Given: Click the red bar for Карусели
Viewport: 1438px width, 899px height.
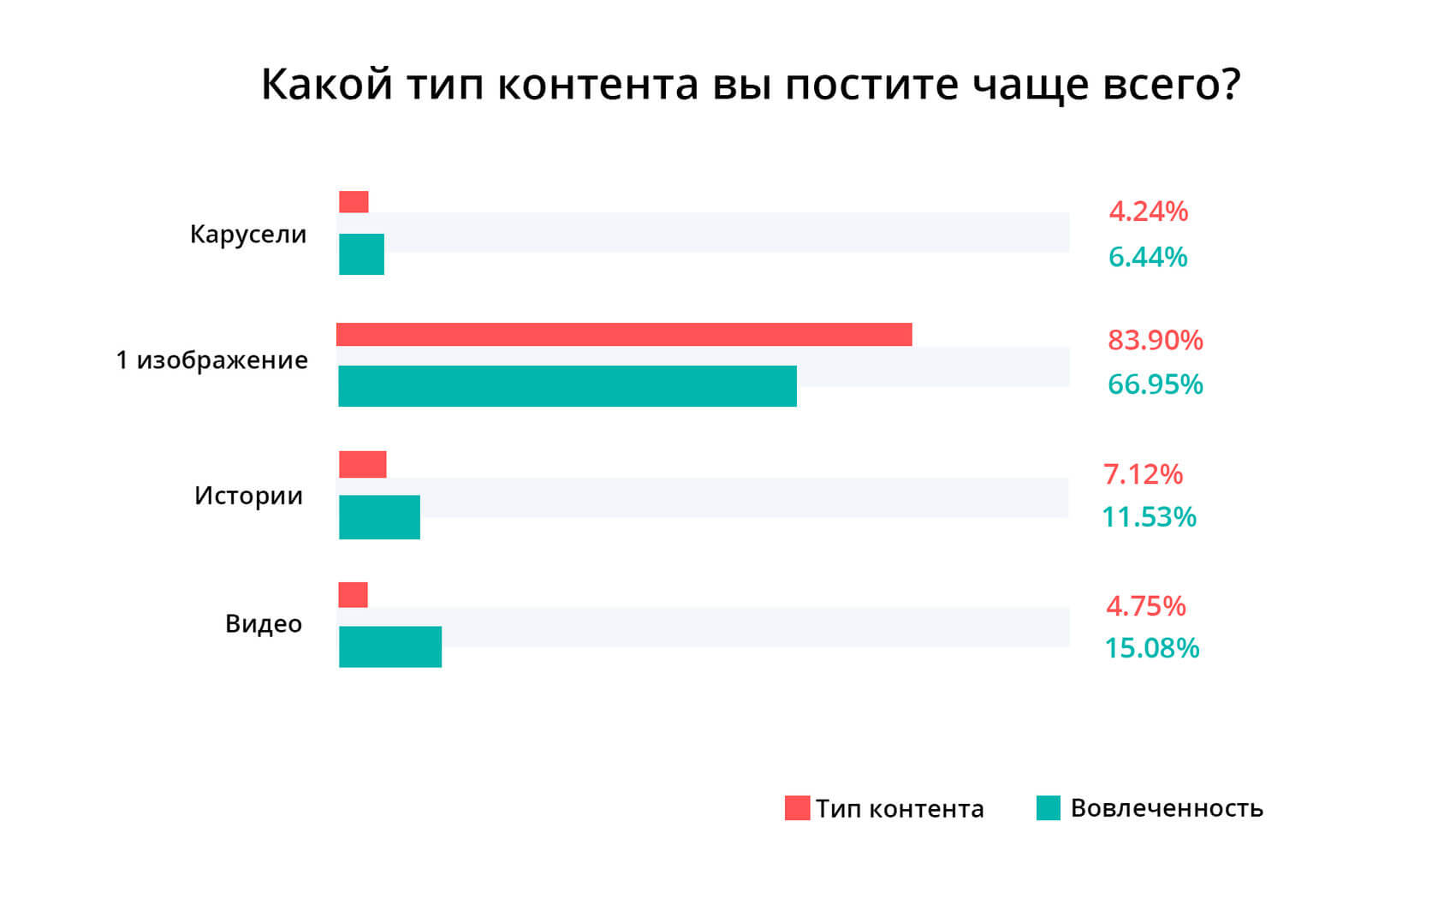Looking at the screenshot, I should [354, 202].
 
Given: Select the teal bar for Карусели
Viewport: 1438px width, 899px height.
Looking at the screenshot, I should [361, 254].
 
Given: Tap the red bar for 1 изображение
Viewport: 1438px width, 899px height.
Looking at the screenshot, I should [624, 335].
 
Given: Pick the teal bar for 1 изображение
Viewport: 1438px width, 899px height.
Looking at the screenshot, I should [567, 386].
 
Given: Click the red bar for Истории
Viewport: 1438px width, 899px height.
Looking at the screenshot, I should [363, 465].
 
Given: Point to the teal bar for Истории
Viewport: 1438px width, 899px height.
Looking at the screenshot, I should [379, 517].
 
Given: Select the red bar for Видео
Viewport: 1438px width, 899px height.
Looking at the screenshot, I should [354, 595].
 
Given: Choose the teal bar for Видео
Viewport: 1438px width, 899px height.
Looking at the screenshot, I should [390, 646].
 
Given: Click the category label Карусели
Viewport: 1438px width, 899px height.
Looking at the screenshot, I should [248, 235].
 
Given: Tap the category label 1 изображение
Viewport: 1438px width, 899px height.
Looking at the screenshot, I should [212, 360].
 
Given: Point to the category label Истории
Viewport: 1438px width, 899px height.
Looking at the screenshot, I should [249, 496].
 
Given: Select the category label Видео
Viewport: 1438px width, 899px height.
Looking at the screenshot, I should [264, 624].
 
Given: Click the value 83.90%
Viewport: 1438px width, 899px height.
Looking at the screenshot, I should [1156, 341].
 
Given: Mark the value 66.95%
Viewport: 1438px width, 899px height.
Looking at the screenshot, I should [1156, 384].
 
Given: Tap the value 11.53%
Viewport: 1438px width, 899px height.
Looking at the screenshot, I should [1149, 517].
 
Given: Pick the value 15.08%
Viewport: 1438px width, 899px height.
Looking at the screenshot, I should [1152, 648].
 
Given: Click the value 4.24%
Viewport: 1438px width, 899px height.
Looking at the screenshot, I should [1149, 211].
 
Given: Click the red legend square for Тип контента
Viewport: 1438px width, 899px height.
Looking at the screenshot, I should [797, 808].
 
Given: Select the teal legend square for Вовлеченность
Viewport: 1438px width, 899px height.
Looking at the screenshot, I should [1049, 808].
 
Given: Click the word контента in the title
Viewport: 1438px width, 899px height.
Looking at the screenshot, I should [597, 85].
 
